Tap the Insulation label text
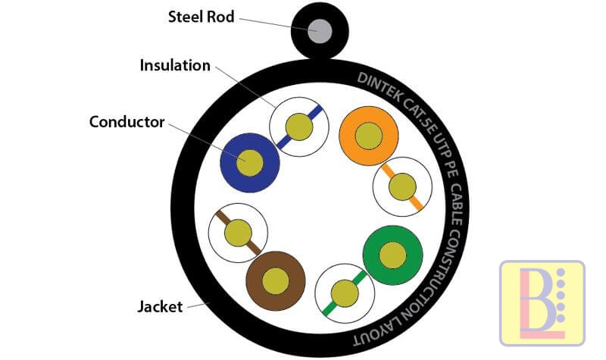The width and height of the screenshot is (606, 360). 175,65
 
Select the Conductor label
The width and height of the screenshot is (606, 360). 127,121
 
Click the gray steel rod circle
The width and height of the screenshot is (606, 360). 321,31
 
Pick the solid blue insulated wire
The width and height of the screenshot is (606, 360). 250,162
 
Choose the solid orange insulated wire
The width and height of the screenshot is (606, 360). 369,136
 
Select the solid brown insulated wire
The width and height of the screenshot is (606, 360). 276,280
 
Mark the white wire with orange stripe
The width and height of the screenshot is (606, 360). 403,186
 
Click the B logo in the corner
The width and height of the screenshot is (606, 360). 542,302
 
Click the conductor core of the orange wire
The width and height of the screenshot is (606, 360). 369,136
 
